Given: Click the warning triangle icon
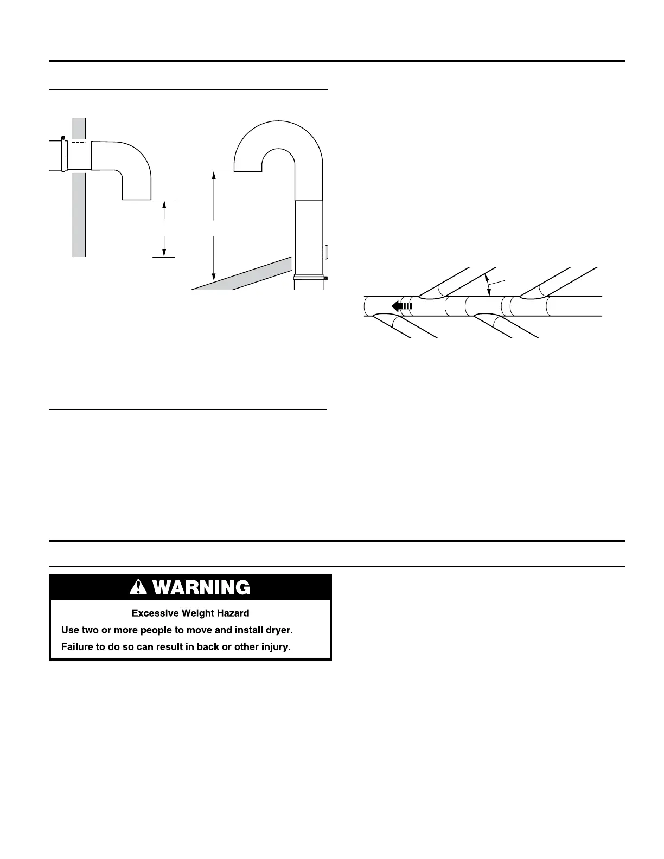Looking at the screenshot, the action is coord(141,587).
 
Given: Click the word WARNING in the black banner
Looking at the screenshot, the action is coord(201,587).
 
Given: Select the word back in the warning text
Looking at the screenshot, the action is coord(208,647).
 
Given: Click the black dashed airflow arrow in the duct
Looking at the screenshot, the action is coord(402,306).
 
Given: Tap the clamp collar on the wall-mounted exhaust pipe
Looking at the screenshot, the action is coord(65,155).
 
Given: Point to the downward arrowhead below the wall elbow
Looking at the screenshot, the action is coord(164,252).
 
